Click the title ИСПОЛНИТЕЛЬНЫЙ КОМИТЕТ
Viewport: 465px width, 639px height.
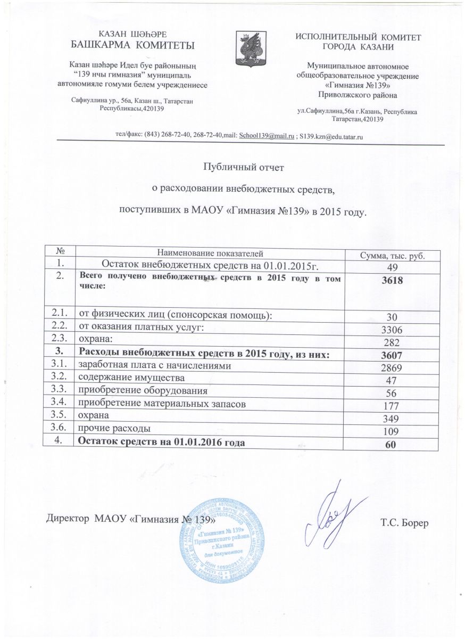[358, 38]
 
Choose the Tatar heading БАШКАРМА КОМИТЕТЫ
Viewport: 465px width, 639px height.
[132, 44]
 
